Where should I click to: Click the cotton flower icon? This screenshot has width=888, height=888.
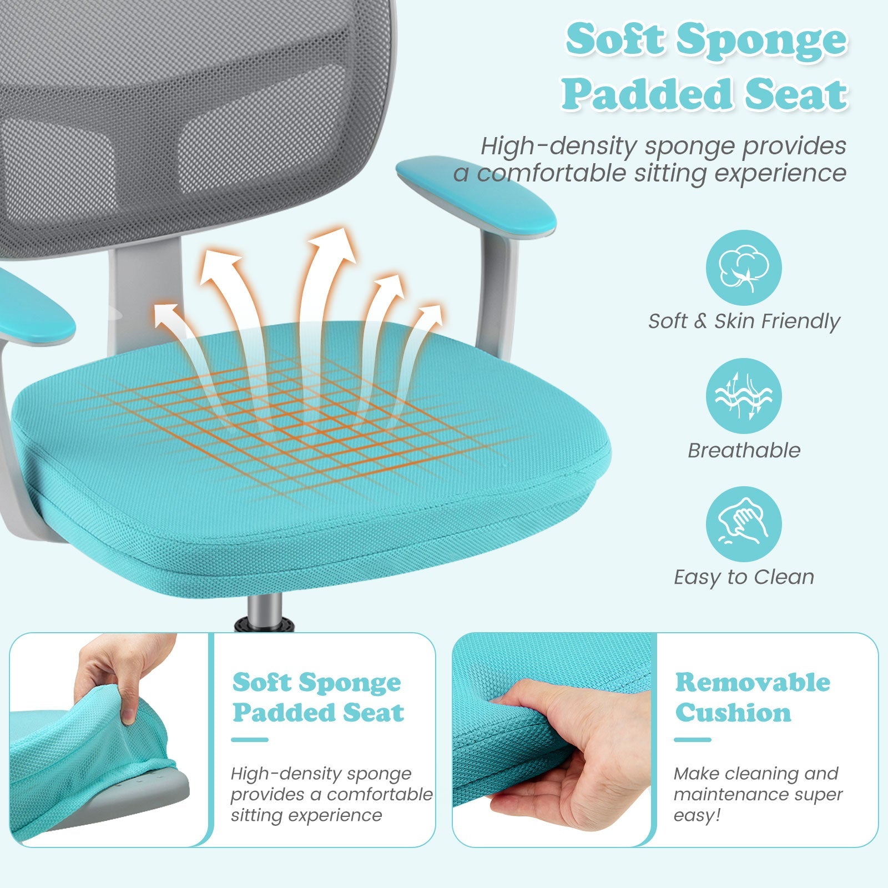click(x=744, y=268)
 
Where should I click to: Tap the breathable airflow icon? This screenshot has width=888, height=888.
click(x=744, y=396)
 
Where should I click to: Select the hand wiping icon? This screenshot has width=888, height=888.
click(x=744, y=524)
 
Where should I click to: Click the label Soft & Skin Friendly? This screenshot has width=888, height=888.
click(x=744, y=321)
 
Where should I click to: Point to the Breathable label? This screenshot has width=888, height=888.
click(x=744, y=450)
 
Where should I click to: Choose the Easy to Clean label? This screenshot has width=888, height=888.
click(x=744, y=577)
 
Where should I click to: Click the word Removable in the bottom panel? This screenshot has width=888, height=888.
click(x=753, y=682)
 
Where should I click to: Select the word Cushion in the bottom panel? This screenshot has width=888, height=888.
click(x=733, y=713)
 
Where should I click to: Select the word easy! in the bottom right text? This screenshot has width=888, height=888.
click(x=697, y=816)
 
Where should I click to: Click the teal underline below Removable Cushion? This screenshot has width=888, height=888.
click(x=693, y=740)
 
